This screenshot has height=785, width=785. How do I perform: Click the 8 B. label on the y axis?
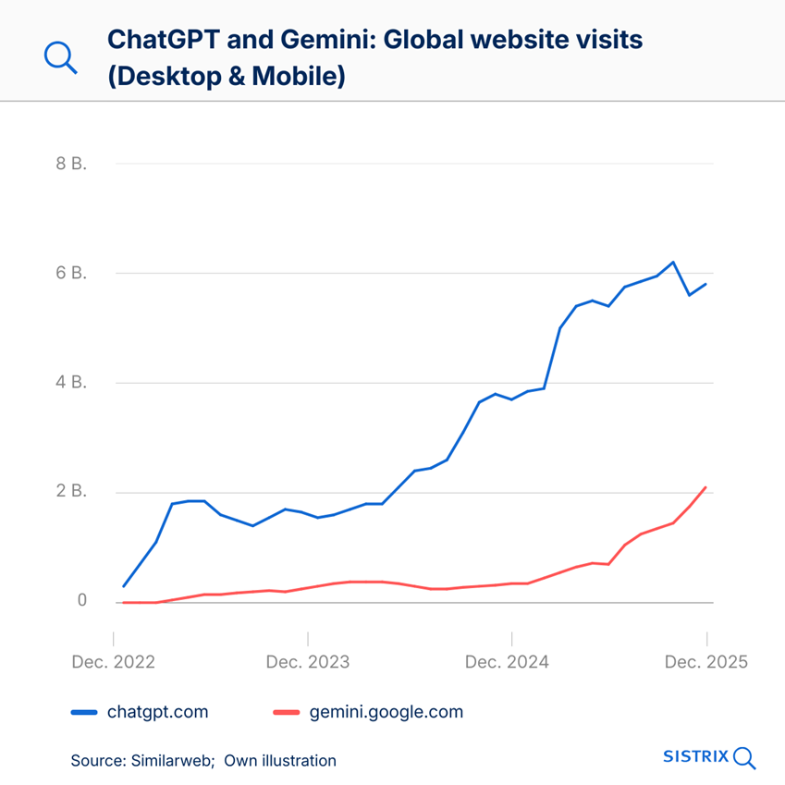pos(71,164)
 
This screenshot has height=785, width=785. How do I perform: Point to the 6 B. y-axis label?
pos(71,273)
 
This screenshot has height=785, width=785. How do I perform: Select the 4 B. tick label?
pos(71,382)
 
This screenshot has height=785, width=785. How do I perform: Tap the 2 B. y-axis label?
pos(71,491)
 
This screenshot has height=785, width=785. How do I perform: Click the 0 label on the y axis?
pos(81,600)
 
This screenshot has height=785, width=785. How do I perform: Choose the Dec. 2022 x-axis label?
pos(114,662)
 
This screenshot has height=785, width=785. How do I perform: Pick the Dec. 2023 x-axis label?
pos(308,662)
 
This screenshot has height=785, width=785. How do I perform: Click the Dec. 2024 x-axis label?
pos(507,662)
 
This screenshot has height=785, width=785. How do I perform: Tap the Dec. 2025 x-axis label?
pos(705,662)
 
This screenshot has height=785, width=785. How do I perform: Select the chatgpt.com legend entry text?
pos(157,712)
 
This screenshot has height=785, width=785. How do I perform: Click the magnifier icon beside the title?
pos(61,57)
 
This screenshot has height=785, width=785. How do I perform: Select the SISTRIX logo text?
pos(696,756)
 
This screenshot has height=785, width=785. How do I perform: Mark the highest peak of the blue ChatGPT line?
pos(673,263)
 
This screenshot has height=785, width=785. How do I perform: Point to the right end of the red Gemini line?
pos(706,487)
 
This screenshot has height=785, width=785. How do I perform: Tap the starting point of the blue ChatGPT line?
pos(124,585)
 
